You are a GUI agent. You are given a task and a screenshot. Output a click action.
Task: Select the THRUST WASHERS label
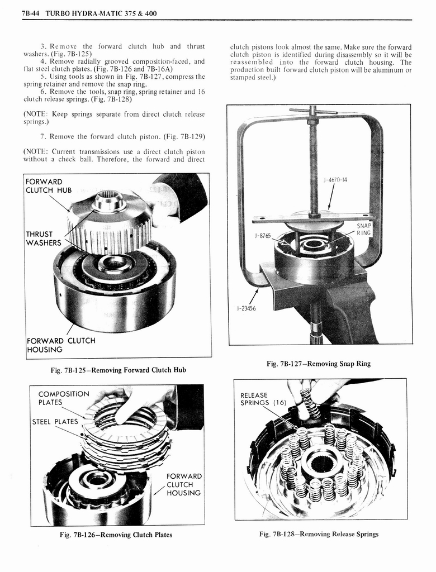(44, 239)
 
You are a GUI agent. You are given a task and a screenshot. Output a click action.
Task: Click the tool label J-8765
(263, 236)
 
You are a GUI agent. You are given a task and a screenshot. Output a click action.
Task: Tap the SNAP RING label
(364, 229)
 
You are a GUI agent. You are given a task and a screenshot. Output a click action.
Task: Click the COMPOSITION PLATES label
(64, 398)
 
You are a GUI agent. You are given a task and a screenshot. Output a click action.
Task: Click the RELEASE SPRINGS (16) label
(263, 399)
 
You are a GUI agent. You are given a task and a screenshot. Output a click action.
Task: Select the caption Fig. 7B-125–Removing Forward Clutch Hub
(118, 370)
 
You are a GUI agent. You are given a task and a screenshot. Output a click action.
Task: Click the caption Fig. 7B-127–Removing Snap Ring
(319, 364)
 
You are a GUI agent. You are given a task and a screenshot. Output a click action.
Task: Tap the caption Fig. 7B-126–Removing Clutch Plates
(116, 535)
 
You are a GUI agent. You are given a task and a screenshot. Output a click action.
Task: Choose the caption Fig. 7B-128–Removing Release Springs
(319, 534)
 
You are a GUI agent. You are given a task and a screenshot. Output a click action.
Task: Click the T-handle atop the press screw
(313, 111)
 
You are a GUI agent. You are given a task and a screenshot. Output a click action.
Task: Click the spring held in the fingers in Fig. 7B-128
(310, 401)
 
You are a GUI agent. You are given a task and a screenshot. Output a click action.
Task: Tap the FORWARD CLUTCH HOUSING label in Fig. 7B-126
(184, 484)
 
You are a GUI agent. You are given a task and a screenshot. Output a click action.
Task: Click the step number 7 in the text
(42, 136)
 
